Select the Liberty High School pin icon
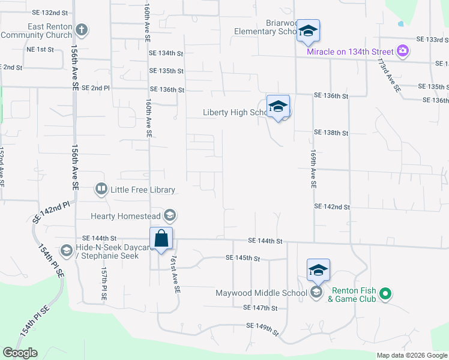click(x=278, y=107)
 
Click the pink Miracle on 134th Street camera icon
click(x=403, y=51)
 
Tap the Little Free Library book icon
click(x=101, y=190)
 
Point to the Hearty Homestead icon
click(x=170, y=215)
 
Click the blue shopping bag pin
click(x=161, y=239)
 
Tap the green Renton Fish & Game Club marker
click(x=387, y=294)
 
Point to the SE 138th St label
click(x=331, y=133)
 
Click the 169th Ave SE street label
click(x=313, y=170)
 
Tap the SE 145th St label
click(x=243, y=258)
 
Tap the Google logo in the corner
click(x=20, y=353)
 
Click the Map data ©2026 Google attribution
click(x=412, y=355)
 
